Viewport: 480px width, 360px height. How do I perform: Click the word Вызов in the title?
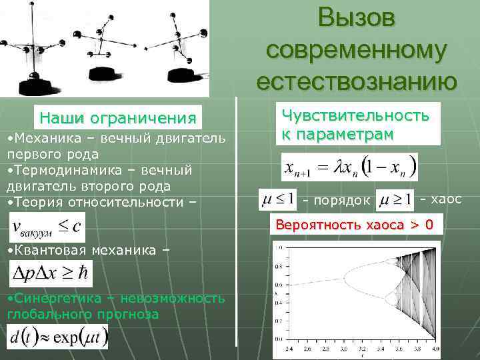pyautogui.click(x=357, y=18)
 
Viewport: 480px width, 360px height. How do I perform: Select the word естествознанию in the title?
pyautogui.click(x=357, y=81)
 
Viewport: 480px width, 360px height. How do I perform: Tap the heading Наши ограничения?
pyautogui.click(x=118, y=119)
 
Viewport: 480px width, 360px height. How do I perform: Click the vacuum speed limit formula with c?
pyautogui.click(x=47, y=227)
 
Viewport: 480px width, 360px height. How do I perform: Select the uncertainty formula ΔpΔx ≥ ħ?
pyautogui.click(x=51, y=273)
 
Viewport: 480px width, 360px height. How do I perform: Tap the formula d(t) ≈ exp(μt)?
pyautogui.click(x=57, y=337)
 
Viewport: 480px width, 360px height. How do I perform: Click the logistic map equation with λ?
pyautogui.click(x=349, y=167)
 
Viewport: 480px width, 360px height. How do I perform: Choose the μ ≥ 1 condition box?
pyautogui.click(x=395, y=199)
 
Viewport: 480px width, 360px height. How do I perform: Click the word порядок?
pyautogui.click(x=337, y=200)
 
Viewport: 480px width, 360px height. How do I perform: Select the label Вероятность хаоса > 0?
pyautogui.click(x=355, y=225)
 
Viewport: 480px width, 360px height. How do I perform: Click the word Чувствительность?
pyautogui.click(x=355, y=115)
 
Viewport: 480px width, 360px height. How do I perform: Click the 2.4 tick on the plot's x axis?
pyautogui.click(x=289, y=349)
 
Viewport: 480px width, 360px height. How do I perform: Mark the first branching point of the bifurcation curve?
pyautogui.click(x=345, y=277)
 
